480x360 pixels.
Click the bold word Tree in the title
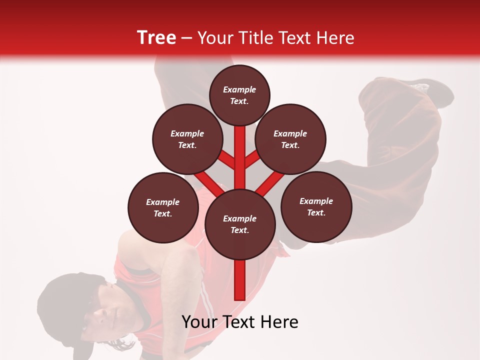click(x=156, y=38)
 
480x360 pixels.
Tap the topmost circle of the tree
click(x=239, y=95)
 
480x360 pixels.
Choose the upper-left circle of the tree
click(x=187, y=139)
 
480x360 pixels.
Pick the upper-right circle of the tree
click(x=290, y=139)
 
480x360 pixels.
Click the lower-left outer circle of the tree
click(x=163, y=207)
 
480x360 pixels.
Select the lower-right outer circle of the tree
click(x=316, y=206)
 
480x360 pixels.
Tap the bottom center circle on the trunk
click(x=240, y=224)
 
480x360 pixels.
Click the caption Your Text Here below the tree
click(x=240, y=322)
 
